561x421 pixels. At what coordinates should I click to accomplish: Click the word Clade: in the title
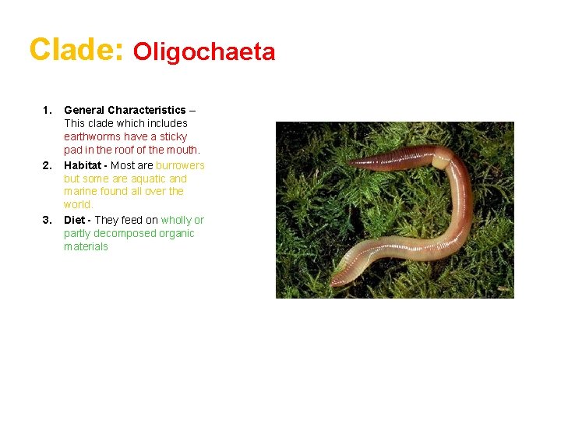click(76, 49)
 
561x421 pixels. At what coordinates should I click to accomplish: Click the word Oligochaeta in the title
click(204, 51)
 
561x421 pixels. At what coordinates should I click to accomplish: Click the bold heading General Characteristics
click(125, 110)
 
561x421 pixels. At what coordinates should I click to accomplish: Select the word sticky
click(172, 136)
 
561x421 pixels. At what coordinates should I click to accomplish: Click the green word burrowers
click(180, 165)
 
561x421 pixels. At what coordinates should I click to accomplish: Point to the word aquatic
click(147, 179)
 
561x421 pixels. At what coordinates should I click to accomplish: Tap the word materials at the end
click(86, 246)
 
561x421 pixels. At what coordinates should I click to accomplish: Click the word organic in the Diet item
click(175, 233)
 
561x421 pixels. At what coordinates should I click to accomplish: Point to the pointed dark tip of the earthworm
click(351, 163)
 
